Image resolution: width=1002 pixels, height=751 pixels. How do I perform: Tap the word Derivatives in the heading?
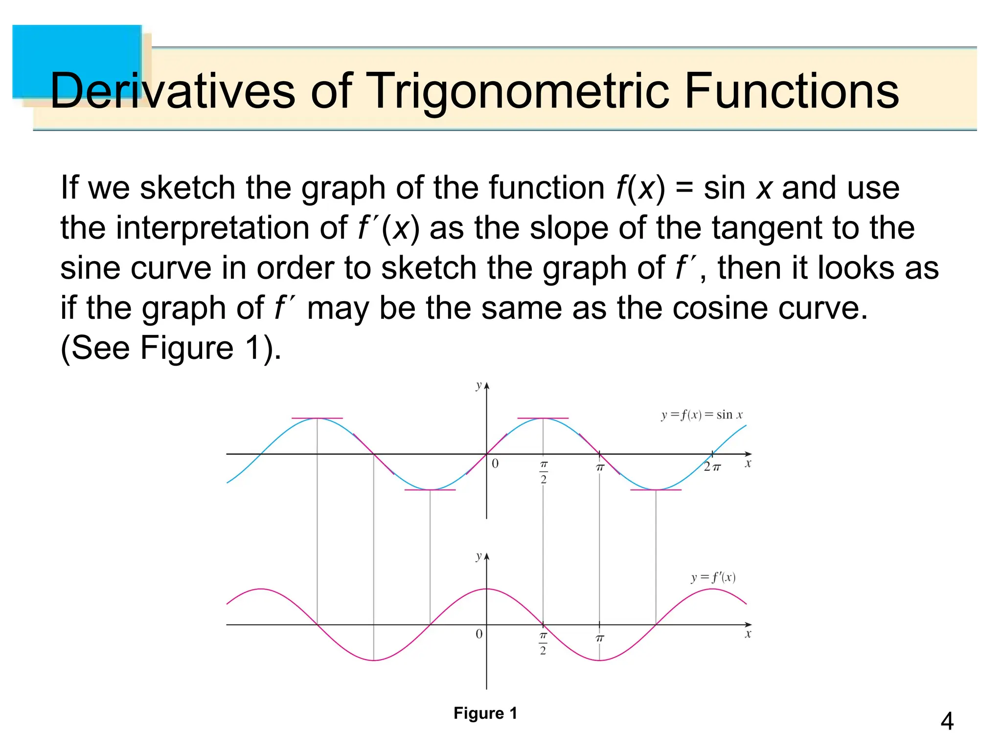click(172, 91)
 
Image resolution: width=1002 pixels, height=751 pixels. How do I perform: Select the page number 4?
click(947, 721)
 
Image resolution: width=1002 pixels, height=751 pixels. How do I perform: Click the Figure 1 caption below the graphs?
click(485, 713)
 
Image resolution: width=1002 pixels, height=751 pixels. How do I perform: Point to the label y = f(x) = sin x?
click(702, 415)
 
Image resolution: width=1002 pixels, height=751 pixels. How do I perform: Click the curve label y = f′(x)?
click(713, 577)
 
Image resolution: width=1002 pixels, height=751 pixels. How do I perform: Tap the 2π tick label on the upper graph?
click(712, 467)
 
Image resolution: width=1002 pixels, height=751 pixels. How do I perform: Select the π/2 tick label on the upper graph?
click(544, 472)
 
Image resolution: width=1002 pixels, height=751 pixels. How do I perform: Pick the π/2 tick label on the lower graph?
click(543, 642)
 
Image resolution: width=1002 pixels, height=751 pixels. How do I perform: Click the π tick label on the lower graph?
click(600, 638)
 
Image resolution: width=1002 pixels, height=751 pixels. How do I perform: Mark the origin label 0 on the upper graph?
click(495, 464)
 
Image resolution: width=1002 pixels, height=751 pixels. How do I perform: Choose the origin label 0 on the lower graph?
click(479, 634)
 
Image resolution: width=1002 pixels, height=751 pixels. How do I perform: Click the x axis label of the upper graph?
click(748, 464)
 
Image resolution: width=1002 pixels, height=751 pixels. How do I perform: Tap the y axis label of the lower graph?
click(478, 556)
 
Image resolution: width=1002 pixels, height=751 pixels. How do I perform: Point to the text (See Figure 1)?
click(171, 348)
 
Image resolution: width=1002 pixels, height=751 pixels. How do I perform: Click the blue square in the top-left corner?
click(77, 62)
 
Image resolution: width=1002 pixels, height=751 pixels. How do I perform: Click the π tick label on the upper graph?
click(600, 467)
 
